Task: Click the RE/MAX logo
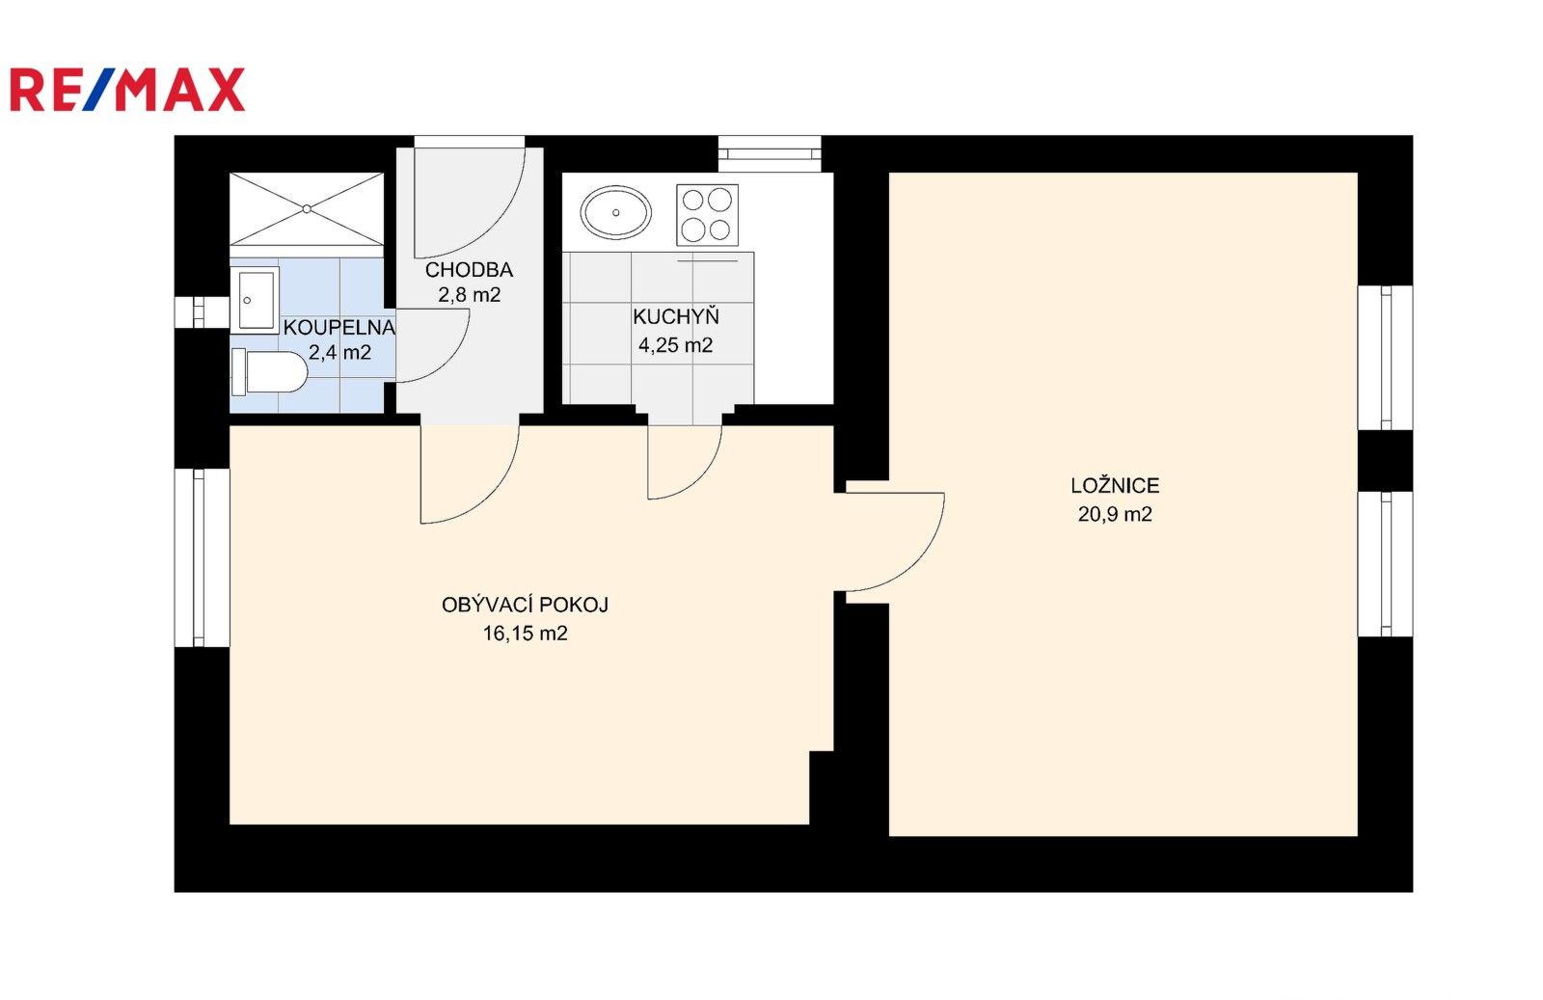point(127,90)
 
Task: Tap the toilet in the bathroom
point(269,372)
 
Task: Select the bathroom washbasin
point(255,300)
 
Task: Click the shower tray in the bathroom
point(307,208)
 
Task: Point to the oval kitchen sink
point(616,213)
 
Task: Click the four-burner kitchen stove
point(708,214)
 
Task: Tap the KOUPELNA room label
point(339,327)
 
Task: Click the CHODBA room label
point(469,269)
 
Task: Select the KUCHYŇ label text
point(676,317)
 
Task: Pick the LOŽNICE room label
point(1115,486)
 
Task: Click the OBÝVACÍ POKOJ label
point(525,605)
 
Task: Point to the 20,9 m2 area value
point(1115,514)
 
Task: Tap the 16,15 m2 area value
point(525,634)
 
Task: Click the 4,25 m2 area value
point(676,345)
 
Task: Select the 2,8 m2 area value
point(469,295)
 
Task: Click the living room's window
point(202,557)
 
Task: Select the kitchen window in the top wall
point(770,153)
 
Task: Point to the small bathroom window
point(202,312)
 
